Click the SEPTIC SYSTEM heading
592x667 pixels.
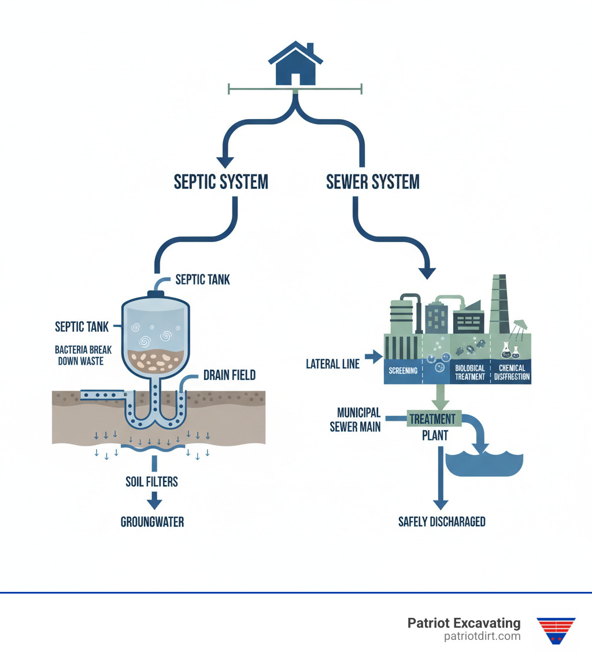tap(221, 182)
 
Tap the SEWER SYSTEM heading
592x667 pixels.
tap(373, 182)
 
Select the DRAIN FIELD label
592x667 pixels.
tap(230, 376)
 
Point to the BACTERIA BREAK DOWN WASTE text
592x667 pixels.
tap(83, 355)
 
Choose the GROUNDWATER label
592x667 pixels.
tap(152, 522)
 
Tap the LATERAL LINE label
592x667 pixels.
tap(332, 364)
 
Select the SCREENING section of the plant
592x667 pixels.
tap(404, 370)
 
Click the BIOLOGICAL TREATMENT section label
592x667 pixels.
tap(469, 372)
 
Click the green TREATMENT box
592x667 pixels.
tap(432, 418)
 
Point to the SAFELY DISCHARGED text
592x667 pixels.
tap(442, 522)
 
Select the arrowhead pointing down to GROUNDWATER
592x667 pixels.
tap(154, 501)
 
